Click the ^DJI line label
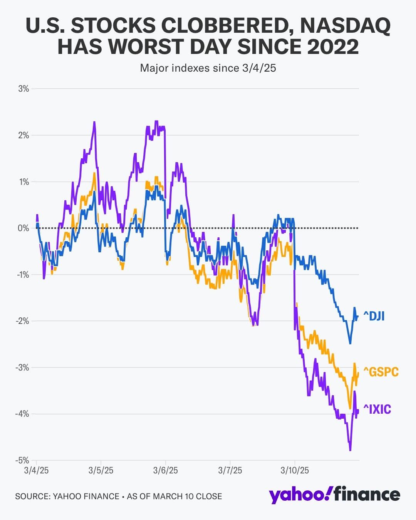(x=374, y=316)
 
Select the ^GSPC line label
(x=381, y=372)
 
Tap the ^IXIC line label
(x=377, y=409)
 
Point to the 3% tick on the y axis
(x=23, y=89)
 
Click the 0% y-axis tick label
(x=23, y=228)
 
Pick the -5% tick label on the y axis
(x=22, y=460)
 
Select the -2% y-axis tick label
(x=22, y=321)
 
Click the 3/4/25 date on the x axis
(x=36, y=470)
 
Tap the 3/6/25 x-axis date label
(x=166, y=470)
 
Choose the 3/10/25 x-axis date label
(x=295, y=470)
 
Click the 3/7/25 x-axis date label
(x=230, y=470)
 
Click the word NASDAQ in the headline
(x=345, y=26)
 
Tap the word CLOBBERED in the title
(x=227, y=26)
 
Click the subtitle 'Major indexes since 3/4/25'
(x=208, y=68)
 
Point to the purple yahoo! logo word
(x=299, y=495)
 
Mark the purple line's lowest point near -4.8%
(x=350, y=450)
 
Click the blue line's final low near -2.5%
(x=350, y=343)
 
